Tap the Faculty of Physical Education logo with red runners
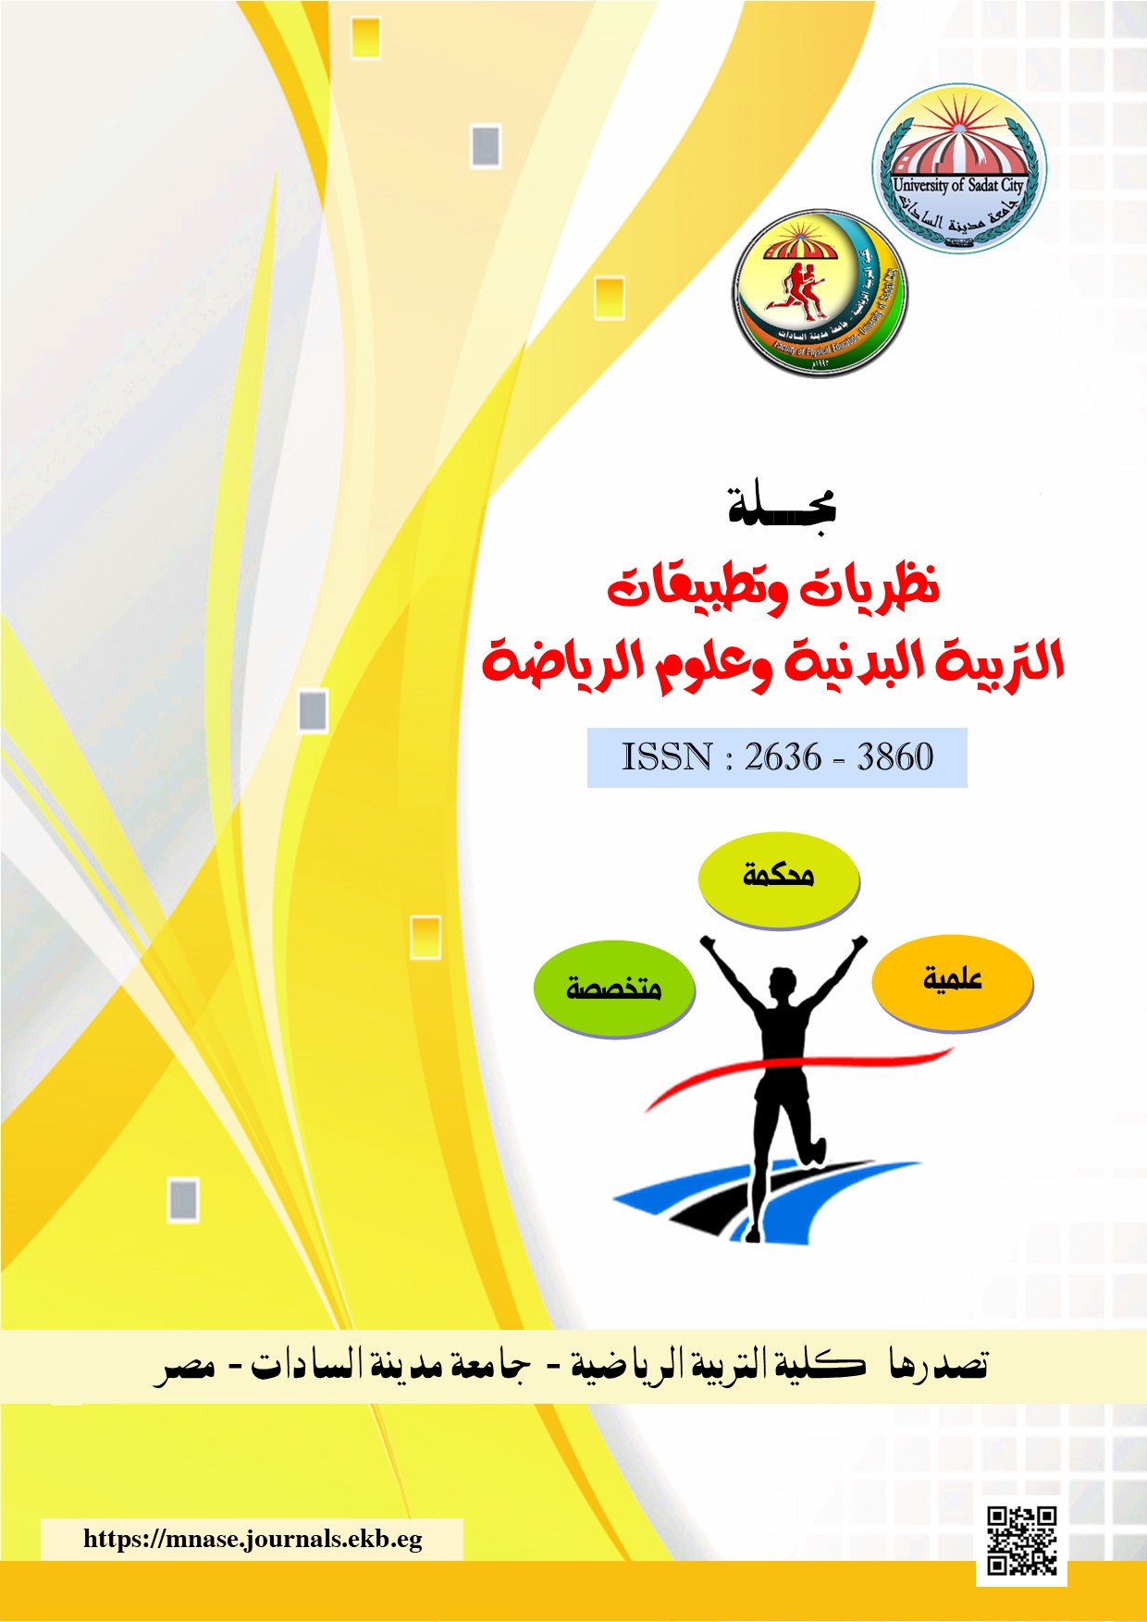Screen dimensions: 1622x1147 click(x=820, y=293)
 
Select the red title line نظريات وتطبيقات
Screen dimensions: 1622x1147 click(x=773, y=588)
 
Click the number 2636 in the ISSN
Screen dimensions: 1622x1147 click(x=783, y=757)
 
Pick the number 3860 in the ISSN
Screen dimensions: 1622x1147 click(x=894, y=757)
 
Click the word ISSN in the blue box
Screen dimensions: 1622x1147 click(x=666, y=757)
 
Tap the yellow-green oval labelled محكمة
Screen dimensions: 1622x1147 click(x=778, y=877)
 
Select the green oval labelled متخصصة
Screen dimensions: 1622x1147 click(x=613, y=988)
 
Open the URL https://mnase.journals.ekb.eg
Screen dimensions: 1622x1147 click(x=253, y=1539)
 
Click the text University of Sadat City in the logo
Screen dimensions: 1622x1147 click(x=958, y=185)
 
